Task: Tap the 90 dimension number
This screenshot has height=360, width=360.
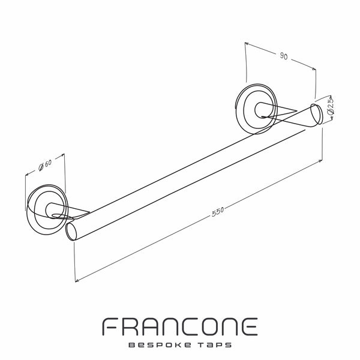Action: tap(284, 56)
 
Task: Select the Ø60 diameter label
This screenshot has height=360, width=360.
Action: tap(45, 165)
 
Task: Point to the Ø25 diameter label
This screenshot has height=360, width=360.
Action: tap(331, 106)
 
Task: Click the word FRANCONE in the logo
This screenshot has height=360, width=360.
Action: tap(180, 327)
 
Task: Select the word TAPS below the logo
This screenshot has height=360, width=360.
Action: tap(214, 345)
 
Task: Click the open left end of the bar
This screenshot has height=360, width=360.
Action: tap(71, 231)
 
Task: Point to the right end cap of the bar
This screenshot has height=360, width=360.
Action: tap(316, 114)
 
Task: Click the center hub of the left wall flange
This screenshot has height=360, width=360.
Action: tap(51, 210)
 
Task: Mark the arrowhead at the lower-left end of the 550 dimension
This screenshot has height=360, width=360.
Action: tap(77, 280)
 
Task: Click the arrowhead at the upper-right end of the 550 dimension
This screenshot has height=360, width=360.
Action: tap(320, 161)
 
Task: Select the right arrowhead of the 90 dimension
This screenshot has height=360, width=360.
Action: tap(313, 68)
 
